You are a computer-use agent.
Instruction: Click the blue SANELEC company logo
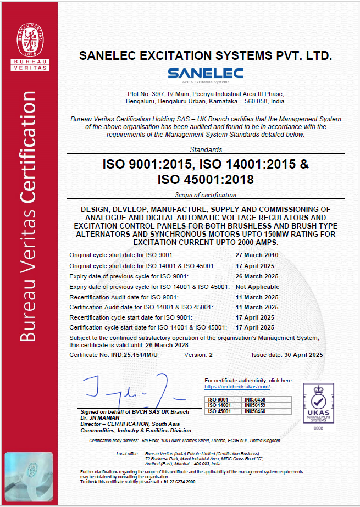tap(206, 75)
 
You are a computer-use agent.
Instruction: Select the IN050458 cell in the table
tap(254, 399)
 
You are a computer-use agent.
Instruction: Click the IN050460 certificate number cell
tap(254, 410)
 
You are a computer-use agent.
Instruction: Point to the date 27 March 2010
tap(257, 255)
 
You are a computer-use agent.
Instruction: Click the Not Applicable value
tap(257, 287)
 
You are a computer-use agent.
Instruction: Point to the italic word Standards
tap(206, 149)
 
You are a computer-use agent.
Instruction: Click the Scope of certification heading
tap(206, 194)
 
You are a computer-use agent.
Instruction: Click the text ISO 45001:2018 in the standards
tap(206, 179)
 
